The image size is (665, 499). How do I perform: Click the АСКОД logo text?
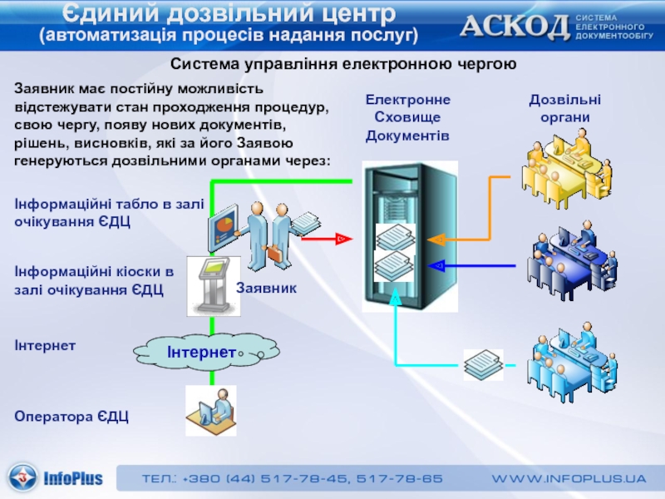click(x=515, y=27)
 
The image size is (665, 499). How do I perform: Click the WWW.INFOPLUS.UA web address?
click(x=569, y=479)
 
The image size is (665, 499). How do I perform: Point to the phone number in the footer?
click(x=292, y=479)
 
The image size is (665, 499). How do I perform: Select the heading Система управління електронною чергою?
click(x=344, y=65)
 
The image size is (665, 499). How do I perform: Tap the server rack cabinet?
click(x=409, y=236)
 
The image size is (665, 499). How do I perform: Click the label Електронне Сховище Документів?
click(x=407, y=117)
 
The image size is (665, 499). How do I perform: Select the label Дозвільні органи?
click(x=565, y=108)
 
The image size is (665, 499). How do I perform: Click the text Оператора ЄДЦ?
click(x=71, y=416)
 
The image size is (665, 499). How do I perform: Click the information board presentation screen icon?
click(x=222, y=228)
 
